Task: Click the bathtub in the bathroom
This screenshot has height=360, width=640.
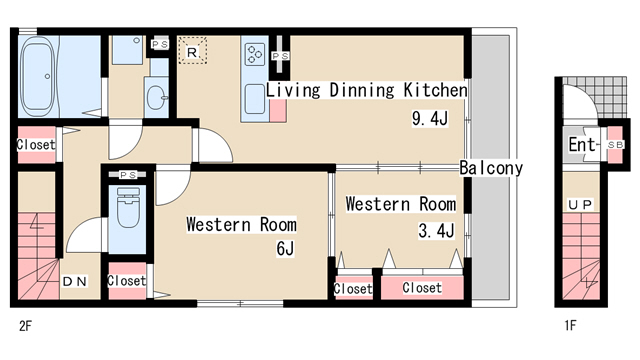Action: (x=38, y=76)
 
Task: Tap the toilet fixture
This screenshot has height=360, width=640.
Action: (x=128, y=207)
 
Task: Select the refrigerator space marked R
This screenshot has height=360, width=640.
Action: (x=192, y=51)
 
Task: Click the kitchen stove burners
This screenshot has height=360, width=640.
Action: (x=255, y=54)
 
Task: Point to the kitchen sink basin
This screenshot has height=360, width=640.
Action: (x=255, y=99)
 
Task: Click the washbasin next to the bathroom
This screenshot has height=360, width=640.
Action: (x=157, y=97)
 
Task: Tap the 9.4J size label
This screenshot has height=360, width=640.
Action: (x=430, y=119)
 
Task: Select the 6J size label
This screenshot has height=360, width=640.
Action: (x=285, y=248)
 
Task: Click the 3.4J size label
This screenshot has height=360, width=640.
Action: (x=436, y=231)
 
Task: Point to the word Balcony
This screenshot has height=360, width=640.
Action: (x=491, y=168)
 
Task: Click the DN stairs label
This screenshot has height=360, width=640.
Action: (x=75, y=281)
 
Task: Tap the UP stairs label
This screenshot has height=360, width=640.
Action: (x=580, y=205)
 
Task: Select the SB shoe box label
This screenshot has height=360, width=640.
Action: (x=615, y=145)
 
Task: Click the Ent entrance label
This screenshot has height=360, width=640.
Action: (x=582, y=144)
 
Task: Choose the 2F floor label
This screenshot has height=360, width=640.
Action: (x=25, y=326)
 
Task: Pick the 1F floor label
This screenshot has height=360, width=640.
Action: (x=570, y=326)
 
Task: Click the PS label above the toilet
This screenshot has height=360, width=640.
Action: (x=128, y=175)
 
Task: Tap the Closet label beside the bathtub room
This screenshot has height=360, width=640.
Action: (x=36, y=144)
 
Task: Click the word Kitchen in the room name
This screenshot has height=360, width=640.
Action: (x=436, y=90)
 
